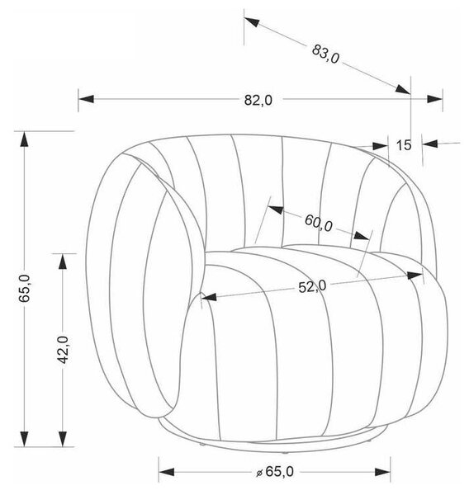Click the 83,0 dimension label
(325, 54)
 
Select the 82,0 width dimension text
(258, 101)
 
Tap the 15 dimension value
(404, 145)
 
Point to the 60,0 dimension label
(319, 223)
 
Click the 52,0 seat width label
(312, 287)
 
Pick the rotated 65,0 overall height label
(25, 288)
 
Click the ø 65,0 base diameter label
(274, 472)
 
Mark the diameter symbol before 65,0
(259, 473)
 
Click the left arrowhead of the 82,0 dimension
(86, 99)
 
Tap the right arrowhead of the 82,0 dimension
(434, 99)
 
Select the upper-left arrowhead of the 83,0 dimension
(252, 22)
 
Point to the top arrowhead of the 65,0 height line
(24, 139)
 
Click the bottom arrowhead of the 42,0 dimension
(64, 439)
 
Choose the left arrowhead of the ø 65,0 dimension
(167, 472)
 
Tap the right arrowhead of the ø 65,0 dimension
(382, 472)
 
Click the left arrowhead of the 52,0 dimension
(209, 297)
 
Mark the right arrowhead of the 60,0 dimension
(361, 235)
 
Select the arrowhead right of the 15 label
(430, 144)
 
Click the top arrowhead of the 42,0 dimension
(64, 262)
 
